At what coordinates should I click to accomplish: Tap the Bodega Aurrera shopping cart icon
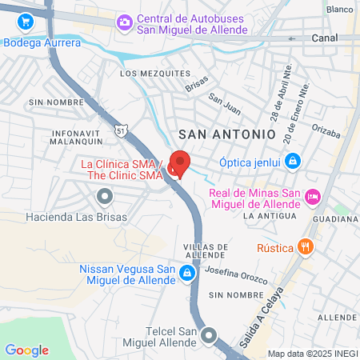pos(27,22)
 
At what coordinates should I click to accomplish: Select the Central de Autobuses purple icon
pos(124,22)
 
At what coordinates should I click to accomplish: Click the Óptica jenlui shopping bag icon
pos(294,162)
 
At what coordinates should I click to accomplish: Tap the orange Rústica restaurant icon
pos(303,247)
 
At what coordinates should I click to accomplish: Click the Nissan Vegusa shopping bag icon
pos(187,274)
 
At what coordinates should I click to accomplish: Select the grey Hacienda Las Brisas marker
pos(104,195)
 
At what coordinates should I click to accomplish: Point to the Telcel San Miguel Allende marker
pos(210,336)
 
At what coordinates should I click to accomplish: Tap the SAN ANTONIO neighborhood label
pos(226,134)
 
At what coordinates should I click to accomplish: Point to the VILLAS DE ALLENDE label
pos(211,250)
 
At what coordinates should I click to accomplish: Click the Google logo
pos(26,350)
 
